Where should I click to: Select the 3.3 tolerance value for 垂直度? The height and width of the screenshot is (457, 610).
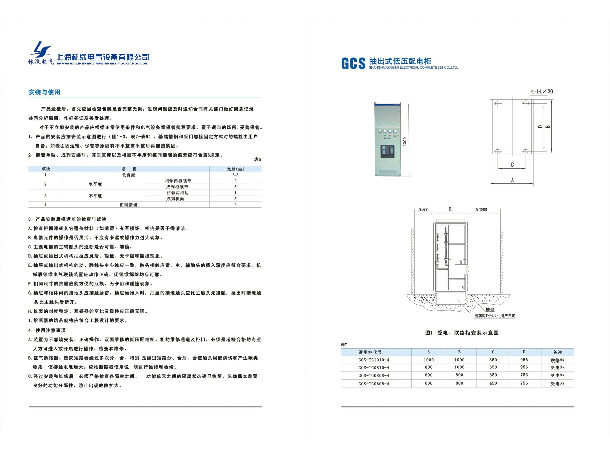click(x=235, y=175)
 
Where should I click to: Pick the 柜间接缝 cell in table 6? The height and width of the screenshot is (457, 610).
click(x=128, y=205)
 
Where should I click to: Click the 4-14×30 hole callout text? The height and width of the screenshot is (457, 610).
click(x=542, y=92)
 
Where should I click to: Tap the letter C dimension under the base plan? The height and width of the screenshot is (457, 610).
click(x=512, y=165)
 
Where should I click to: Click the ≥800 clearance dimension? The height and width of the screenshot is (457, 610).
click(x=423, y=210)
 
